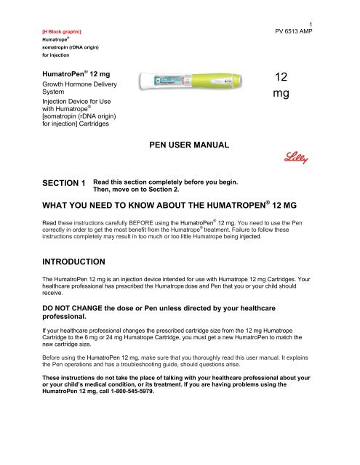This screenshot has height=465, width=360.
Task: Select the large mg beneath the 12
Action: coord(284,95)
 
